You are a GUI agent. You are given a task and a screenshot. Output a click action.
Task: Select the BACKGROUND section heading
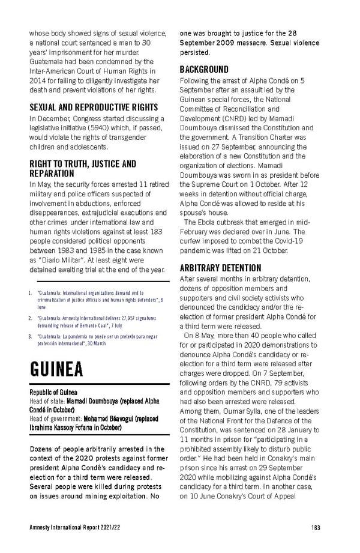coord(204,70)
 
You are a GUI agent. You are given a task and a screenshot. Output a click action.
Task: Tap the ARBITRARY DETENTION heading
coord(220,268)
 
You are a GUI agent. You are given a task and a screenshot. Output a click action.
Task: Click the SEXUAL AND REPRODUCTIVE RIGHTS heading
coord(94,107)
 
